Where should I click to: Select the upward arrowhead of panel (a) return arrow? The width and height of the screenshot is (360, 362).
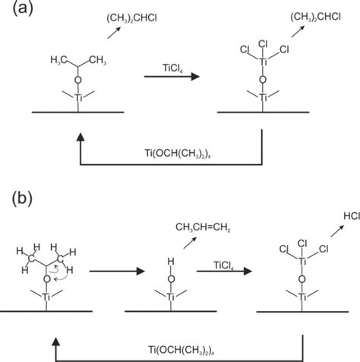pyautogui.click(x=78, y=135)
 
